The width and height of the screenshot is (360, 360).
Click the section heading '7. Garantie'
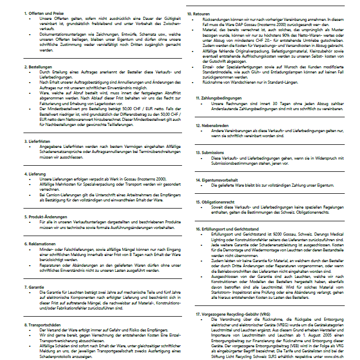coord(35,287)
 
